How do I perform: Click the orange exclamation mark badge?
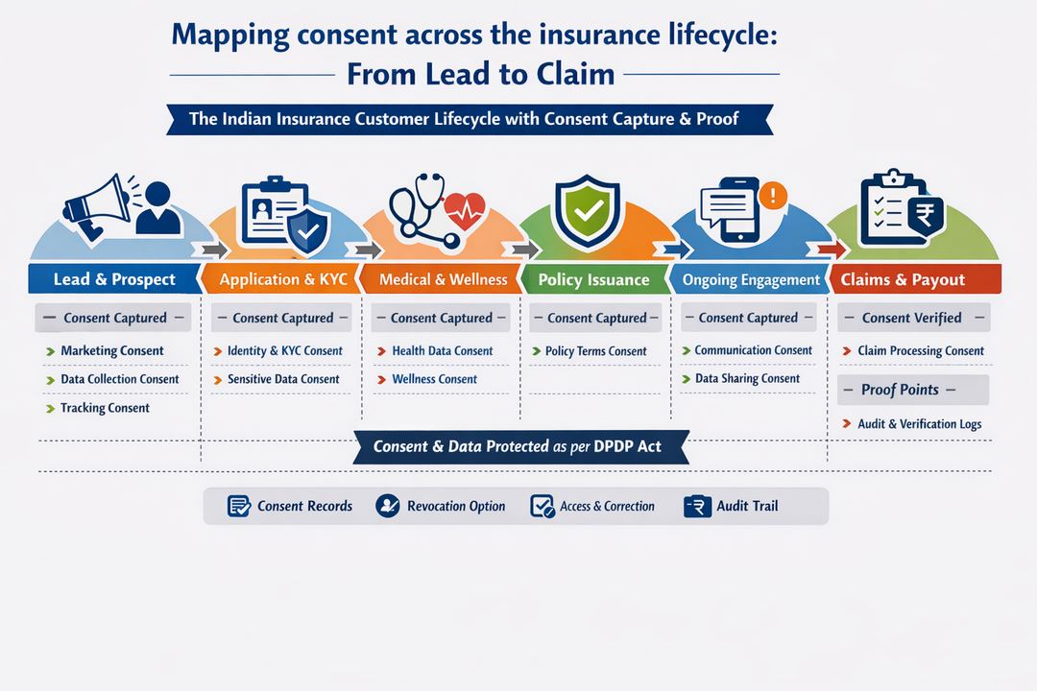[772, 195]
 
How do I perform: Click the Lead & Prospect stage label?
[114, 279]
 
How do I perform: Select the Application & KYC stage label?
[282, 279]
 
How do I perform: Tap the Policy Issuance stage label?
[593, 279]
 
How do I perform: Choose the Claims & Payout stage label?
[903, 279]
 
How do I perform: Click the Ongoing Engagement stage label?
[751, 279]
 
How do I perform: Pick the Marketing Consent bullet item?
[111, 351]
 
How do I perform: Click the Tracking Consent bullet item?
[105, 408]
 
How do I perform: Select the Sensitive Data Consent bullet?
[283, 379]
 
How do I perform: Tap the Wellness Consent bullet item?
[434, 379]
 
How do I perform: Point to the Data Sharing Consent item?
[747, 379]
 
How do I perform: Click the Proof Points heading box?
[912, 390]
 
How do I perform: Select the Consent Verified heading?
[911, 318]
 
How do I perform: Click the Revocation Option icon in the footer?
[388, 506]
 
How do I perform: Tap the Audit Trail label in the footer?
[747, 506]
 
